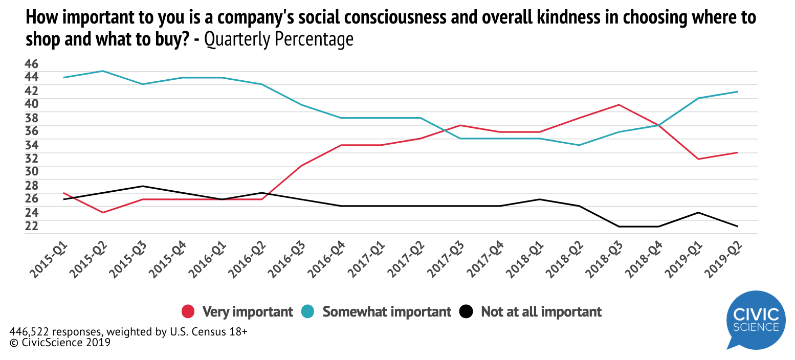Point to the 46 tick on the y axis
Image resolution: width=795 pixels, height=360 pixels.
(x=31, y=64)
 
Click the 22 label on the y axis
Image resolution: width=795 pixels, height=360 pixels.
(x=31, y=226)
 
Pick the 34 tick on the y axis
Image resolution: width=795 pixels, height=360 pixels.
(x=31, y=145)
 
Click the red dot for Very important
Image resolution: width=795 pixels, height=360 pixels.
(x=188, y=311)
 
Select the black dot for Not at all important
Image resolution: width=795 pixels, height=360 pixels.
(x=467, y=311)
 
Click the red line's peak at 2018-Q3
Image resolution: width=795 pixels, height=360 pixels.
(x=619, y=105)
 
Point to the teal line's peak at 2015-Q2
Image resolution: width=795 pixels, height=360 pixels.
(x=103, y=71)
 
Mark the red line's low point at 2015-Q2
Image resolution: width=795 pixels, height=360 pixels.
(x=103, y=212)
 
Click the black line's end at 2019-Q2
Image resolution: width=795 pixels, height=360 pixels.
(x=738, y=226)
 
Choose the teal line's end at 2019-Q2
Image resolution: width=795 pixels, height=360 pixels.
(x=738, y=92)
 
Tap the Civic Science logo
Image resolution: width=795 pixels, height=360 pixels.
(x=756, y=320)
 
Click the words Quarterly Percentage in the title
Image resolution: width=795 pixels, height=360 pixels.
(x=279, y=39)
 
